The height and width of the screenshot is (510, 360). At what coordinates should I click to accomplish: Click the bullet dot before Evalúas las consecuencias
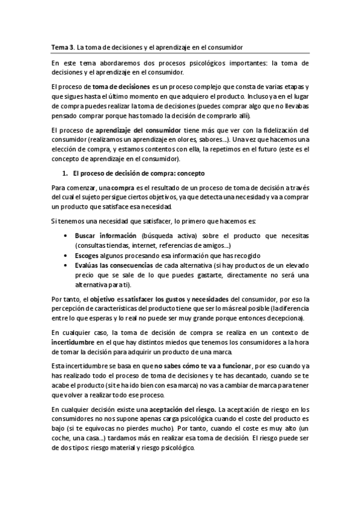pos(64,265)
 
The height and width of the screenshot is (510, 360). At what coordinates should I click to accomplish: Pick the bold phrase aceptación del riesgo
pos(187,410)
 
